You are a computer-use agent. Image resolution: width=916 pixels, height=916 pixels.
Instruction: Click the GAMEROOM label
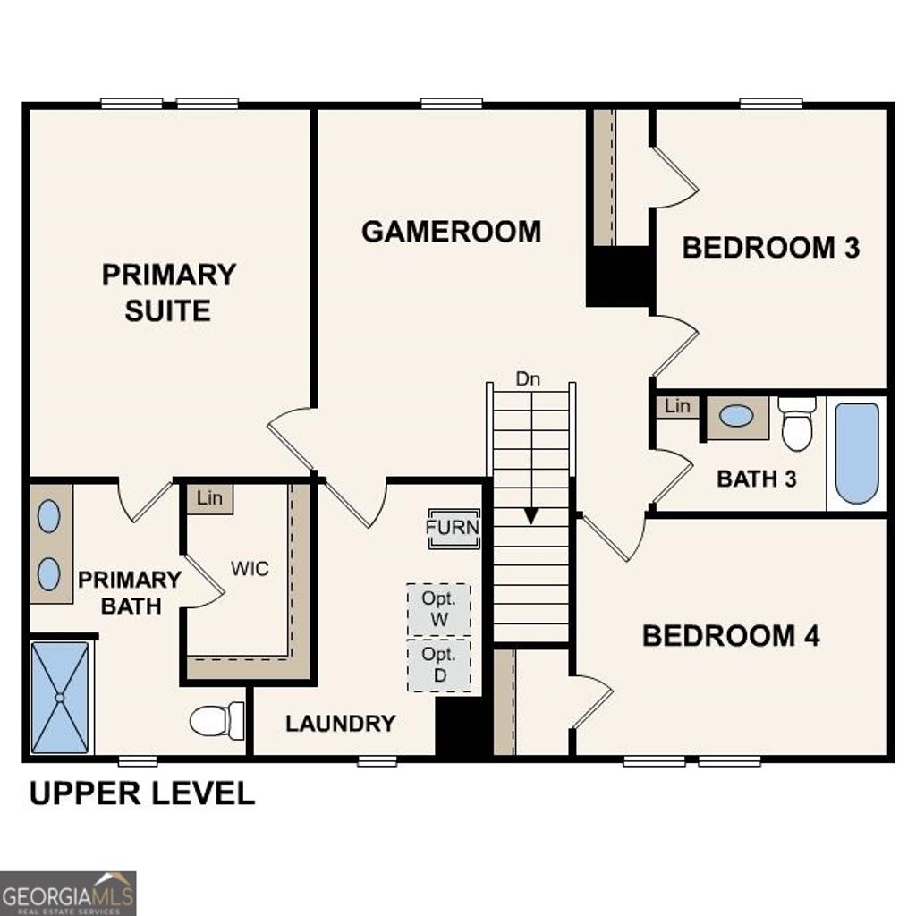(x=451, y=231)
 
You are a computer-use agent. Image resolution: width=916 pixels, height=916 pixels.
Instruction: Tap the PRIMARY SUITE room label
(x=168, y=293)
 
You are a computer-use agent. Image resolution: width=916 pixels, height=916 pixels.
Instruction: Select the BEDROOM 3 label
(x=770, y=248)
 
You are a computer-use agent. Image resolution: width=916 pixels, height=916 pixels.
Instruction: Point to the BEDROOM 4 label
(x=731, y=636)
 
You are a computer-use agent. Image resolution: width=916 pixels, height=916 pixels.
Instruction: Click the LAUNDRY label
(x=340, y=724)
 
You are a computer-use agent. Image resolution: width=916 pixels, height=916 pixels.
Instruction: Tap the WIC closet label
(x=250, y=569)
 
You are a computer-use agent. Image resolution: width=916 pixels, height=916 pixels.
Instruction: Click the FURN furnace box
(x=453, y=528)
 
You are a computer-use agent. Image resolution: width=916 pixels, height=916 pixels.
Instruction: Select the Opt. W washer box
(x=438, y=609)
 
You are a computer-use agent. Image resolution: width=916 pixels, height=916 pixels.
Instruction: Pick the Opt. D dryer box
(x=438, y=665)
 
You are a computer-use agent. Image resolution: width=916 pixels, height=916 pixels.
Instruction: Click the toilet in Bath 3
(x=796, y=424)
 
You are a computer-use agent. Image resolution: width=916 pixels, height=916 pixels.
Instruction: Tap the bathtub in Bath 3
(x=857, y=453)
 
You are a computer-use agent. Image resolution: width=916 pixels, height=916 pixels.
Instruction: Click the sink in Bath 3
(x=736, y=416)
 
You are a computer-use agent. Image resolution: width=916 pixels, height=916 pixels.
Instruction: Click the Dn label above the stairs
(x=528, y=378)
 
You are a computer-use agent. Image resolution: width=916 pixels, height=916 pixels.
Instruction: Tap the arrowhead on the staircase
(x=531, y=516)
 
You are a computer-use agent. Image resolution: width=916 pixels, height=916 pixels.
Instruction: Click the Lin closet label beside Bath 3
(x=677, y=406)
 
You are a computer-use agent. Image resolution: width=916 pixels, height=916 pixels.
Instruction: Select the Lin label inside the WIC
(x=209, y=498)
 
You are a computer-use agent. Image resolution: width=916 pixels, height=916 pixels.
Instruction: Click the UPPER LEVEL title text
(x=142, y=793)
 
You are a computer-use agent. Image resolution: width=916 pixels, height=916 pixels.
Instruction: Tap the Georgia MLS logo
(x=68, y=893)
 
